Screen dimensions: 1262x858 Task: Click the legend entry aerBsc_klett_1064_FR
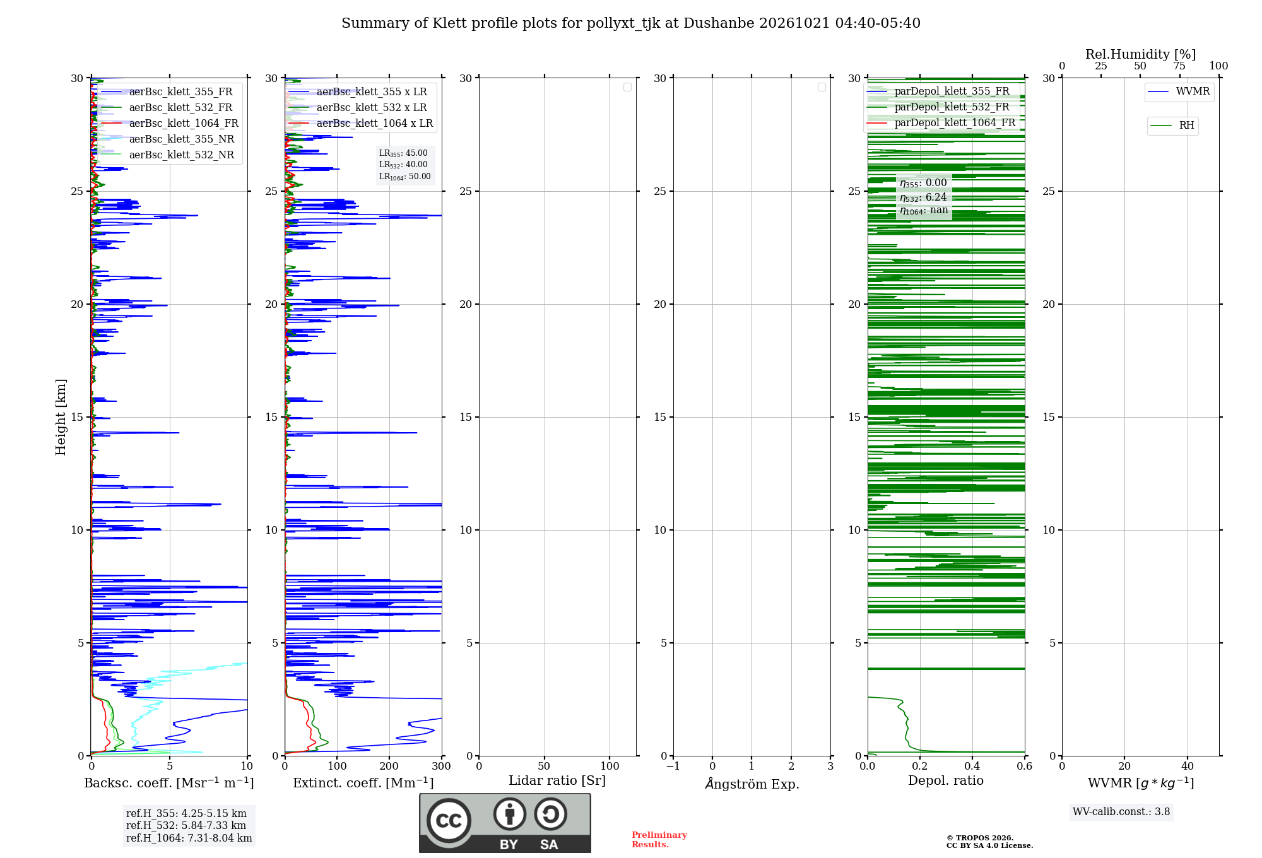click(x=170, y=123)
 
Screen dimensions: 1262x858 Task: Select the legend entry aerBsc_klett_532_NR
click(x=167, y=155)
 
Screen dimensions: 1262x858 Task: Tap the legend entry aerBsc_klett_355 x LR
click(x=357, y=91)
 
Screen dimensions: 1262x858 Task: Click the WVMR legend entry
click(x=1179, y=91)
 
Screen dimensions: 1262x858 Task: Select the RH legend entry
click(x=1172, y=126)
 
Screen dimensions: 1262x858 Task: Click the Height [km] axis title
click(x=61, y=417)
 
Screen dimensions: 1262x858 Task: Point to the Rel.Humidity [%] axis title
click(x=1140, y=54)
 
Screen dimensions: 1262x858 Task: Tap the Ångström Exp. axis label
click(x=752, y=783)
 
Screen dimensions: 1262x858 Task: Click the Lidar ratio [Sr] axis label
click(x=557, y=780)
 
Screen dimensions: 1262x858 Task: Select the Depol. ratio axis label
click(x=946, y=780)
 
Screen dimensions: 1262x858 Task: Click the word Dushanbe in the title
click(x=719, y=23)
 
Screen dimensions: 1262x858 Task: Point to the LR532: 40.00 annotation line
click(x=403, y=165)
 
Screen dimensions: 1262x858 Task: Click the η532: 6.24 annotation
click(x=923, y=197)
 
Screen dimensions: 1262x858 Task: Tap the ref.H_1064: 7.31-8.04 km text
click(x=189, y=838)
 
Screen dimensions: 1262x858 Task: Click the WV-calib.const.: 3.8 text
click(x=1121, y=811)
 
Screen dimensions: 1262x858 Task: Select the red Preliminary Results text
click(x=659, y=840)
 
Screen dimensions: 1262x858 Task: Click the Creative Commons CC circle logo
click(x=449, y=820)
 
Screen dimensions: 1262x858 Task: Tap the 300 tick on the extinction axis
click(x=442, y=766)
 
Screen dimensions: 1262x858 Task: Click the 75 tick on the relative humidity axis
click(x=1179, y=66)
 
